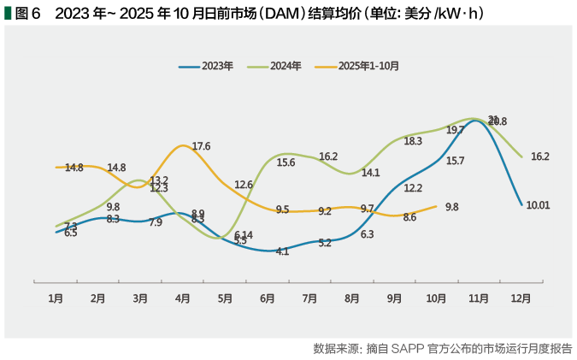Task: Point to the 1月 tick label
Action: click(x=56, y=298)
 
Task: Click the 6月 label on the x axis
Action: click(x=268, y=298)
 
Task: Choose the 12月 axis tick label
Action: click(x=521, y=298)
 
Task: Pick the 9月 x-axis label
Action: click(x=394, y=298)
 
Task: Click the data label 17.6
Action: click(x=202, y=146)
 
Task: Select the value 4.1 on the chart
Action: click(x=282, y=251)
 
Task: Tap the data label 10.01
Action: click(x=538, y=205)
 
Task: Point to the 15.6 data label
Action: click(x=286, y=162)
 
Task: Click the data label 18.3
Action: click(x=413, y=141)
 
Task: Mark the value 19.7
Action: click(x=455, y=130)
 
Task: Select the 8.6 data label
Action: click(x=409, y=217)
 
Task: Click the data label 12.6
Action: click(x=244, y=185)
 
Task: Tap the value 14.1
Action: click(x=371, y=172)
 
